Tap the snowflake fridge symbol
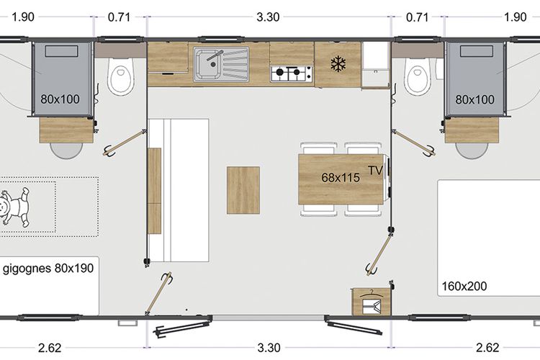tap(338, 64)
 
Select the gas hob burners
tap(292, 73)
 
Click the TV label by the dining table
tap(375, 170)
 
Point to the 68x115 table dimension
tap(341, 177)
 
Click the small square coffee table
tap(243, 190)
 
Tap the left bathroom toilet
tap(120, 76)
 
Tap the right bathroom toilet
tap(417, 76)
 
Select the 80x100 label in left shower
tap(60, 99)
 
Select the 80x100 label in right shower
tap(475, 99)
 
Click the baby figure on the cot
tap(14, 207)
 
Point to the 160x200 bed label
tap(464, 286)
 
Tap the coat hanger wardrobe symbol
tap(371, 302)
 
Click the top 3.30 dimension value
tap(268, 17)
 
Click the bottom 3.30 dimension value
tap(269, 348)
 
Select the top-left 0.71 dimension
tap(119, 17)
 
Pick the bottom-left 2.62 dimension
tap(50, 348)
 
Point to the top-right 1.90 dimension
tap(516, 17)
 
